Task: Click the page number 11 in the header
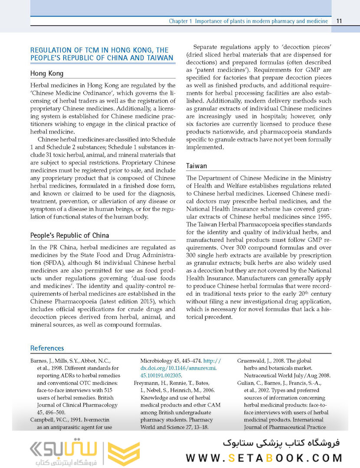tap(339, 21)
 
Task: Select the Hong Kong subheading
tap(47, 74)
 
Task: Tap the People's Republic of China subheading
tap(69, 236)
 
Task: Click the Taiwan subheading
tap(196, 166)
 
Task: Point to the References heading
tap(47, 348)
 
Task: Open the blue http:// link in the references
tap(212, 361)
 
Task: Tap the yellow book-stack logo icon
tap(124, 451)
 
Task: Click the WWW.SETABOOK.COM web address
tap(264, 458)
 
